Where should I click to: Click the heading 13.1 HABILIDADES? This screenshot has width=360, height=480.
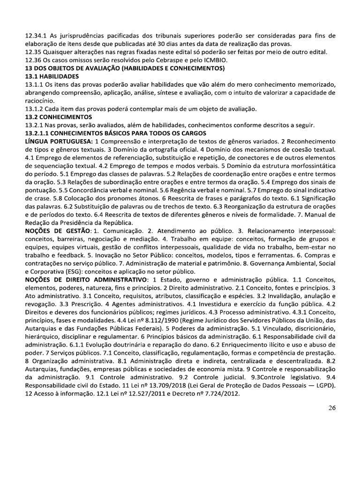[52, 76]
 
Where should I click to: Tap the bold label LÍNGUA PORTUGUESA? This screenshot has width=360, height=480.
[58, 141]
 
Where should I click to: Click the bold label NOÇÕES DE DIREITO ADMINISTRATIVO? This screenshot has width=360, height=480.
[85, 280]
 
